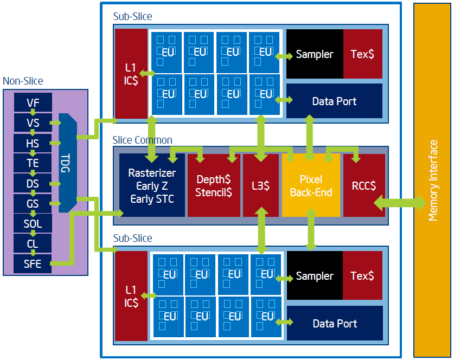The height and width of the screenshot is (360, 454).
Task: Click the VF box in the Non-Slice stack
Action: coord(33,102)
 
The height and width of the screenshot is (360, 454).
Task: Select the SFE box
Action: coord(33,263)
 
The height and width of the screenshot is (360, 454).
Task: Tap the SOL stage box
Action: coord(33,223)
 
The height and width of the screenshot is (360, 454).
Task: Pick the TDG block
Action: coord(67,163)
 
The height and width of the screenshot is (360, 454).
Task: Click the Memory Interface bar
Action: coord(432,180)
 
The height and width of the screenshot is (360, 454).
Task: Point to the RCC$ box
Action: coord(364,185)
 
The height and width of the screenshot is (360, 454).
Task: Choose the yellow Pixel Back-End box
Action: coord(311,185)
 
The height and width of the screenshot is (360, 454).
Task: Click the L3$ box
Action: coord(260,185)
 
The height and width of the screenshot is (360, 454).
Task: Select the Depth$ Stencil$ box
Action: coord(214,185)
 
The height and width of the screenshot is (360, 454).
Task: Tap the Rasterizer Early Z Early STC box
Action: coord(152,185)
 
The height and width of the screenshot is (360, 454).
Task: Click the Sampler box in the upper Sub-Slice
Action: coord(315,54)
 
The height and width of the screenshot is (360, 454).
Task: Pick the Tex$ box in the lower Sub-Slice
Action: coord(362,275)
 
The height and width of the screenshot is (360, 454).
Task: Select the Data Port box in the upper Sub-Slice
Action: coord(335,101)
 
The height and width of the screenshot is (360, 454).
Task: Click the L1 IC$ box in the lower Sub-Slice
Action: coord(131,296)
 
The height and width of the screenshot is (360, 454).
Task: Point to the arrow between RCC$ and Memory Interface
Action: coord(400,203)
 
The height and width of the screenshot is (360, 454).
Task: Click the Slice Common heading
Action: coord(143,140)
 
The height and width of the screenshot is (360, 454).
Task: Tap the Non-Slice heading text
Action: coord(23,81)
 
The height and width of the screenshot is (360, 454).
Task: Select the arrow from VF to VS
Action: coord(33,112)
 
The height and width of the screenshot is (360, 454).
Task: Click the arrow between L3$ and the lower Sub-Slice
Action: coord(262,230)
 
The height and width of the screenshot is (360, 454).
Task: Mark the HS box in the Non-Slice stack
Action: coord(33,143)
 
